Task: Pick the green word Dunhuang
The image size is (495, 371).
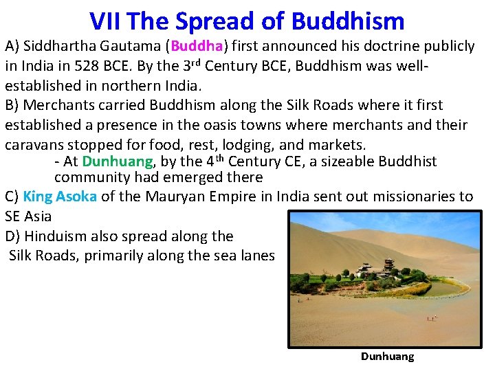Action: (x=117, y=162)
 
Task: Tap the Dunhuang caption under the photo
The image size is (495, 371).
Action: (x=387, y=357)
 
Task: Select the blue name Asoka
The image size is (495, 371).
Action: (x=76, y=196)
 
